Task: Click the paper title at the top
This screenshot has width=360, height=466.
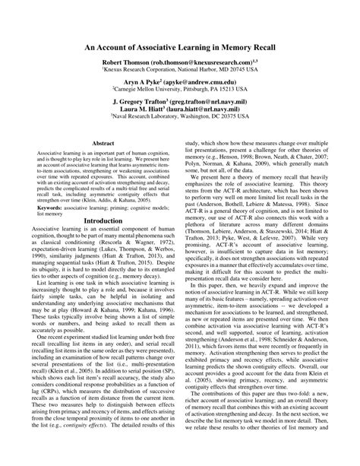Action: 180,45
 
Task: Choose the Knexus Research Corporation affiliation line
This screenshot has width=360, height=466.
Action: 180,69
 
